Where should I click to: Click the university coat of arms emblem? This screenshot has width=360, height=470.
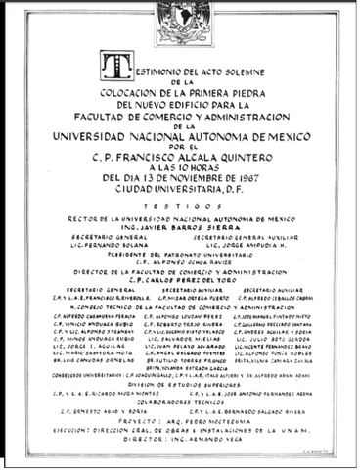tap(179, 19)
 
